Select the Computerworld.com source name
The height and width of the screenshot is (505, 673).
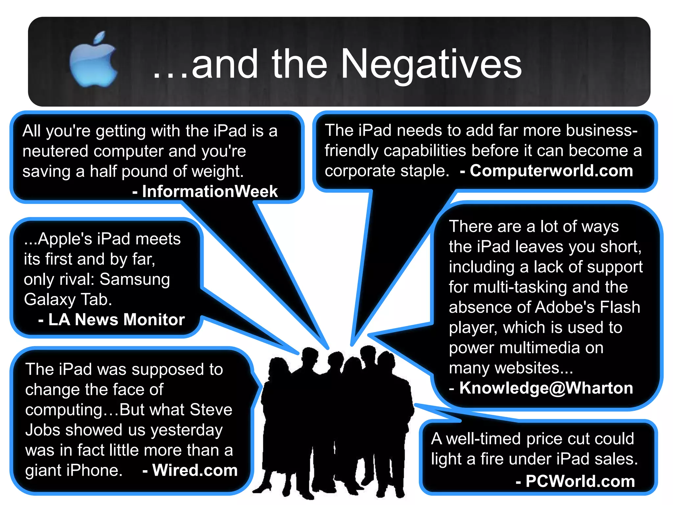pos(551,171)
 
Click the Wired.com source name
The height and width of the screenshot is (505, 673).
pos(195,470)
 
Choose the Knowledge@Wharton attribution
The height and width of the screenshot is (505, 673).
pos(546,388)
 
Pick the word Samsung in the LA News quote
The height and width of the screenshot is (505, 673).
pos(135,279)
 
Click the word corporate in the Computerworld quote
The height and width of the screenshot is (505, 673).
pos(360,171)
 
